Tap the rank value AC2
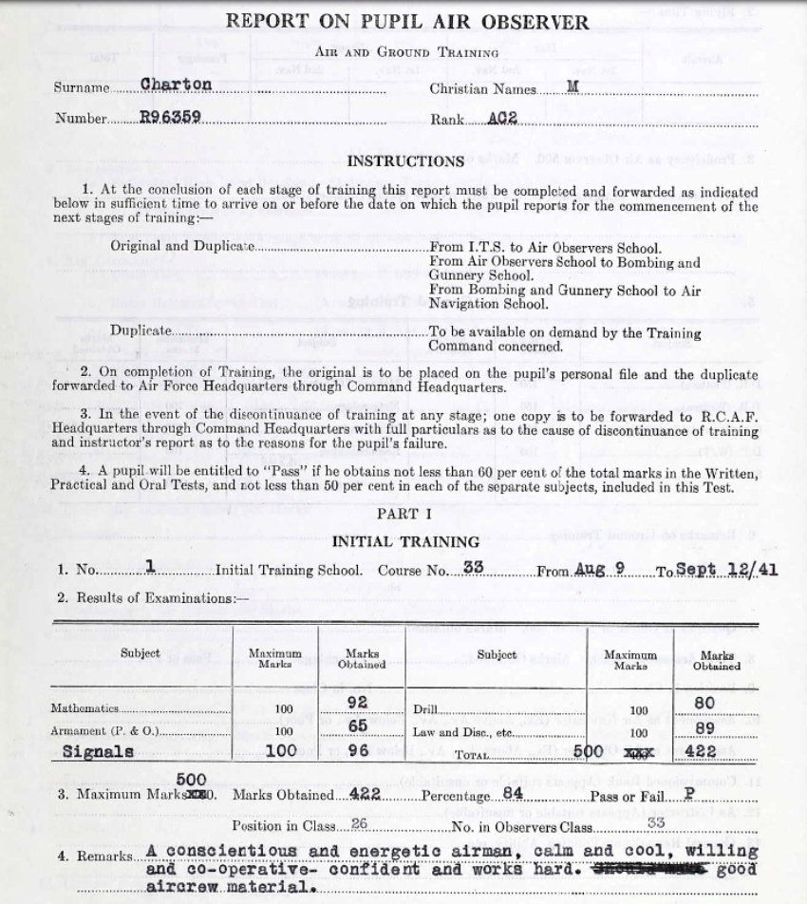tap(501, 119)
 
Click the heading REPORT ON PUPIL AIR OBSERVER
tap(405, 22)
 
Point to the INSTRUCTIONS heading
tap(405, 161)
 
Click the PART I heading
tap(404, 514)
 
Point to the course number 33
tap(476, 569)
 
